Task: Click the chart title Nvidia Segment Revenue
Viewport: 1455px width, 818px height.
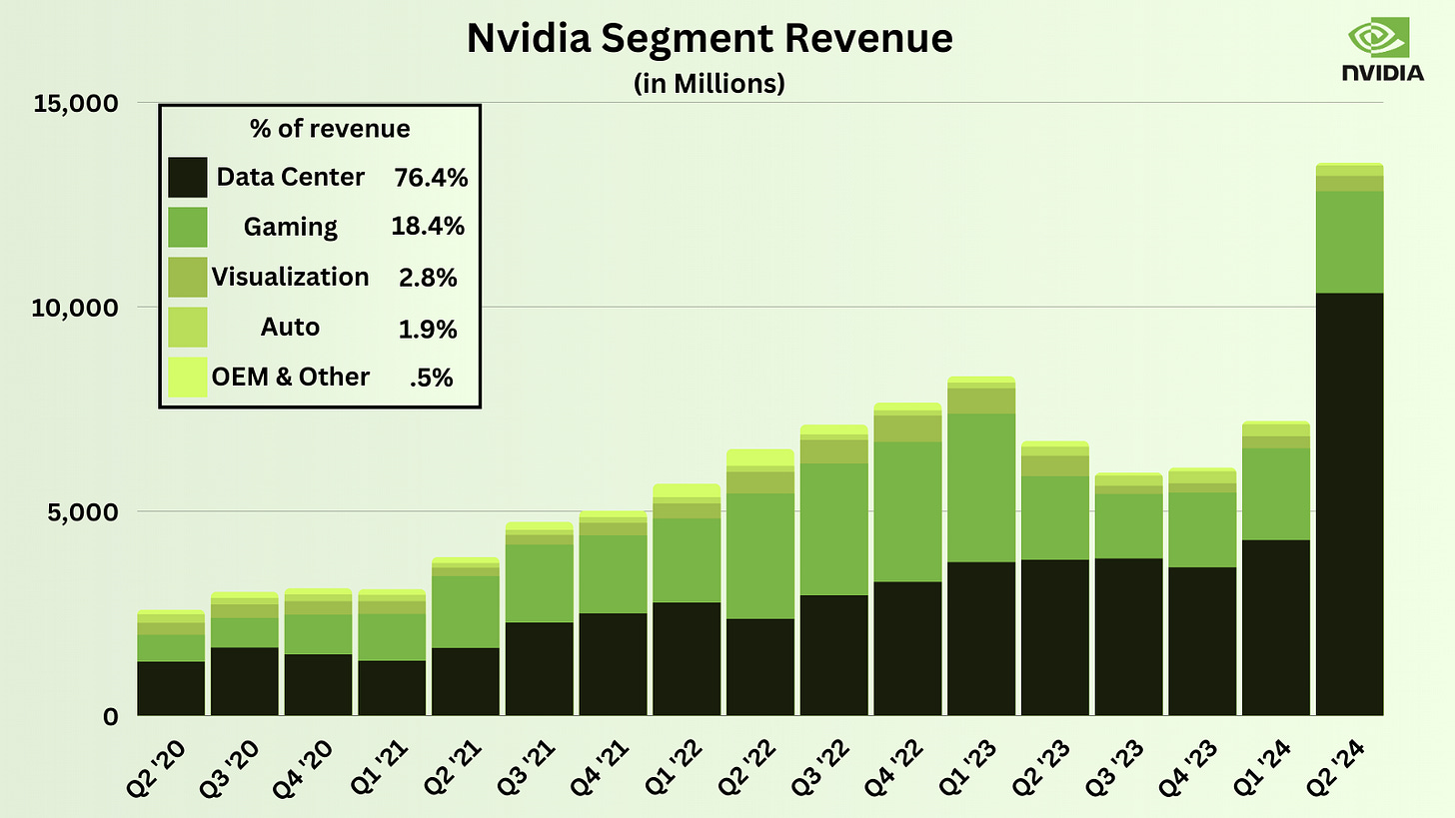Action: point(709,39)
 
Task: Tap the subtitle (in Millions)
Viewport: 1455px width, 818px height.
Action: point(709,84)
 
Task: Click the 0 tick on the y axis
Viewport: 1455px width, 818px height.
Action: point(111,716)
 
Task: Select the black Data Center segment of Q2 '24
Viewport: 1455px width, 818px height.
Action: point(1349,504)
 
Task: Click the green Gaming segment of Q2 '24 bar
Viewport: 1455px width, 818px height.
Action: point(1349,242)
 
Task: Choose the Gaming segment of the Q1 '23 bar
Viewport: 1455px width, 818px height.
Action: point(981,487)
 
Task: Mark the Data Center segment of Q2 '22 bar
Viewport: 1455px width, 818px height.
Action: point(759,667)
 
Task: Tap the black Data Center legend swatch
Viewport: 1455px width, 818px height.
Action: point(188,177)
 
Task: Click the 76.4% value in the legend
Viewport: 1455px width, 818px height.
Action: point(432,178)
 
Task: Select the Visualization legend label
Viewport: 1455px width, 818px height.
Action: point(291,277)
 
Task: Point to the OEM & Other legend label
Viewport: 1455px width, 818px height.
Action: point(291,377)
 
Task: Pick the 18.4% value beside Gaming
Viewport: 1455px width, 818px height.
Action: point(428,227)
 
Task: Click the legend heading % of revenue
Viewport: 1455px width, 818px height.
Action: point(328,129)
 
